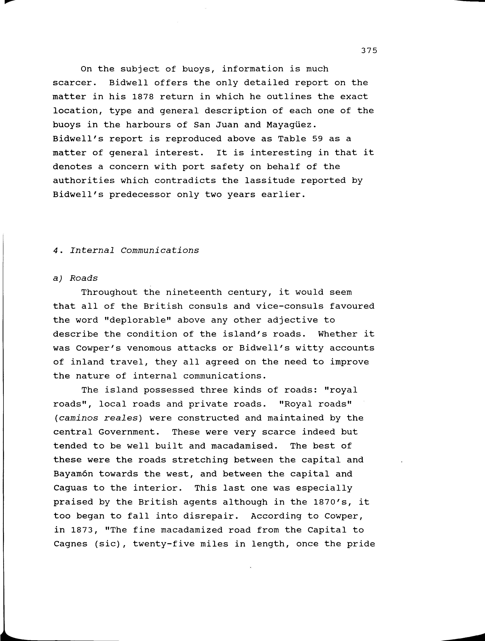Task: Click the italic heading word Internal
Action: tap(92, 250)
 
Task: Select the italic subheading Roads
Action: tap(84, 278)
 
